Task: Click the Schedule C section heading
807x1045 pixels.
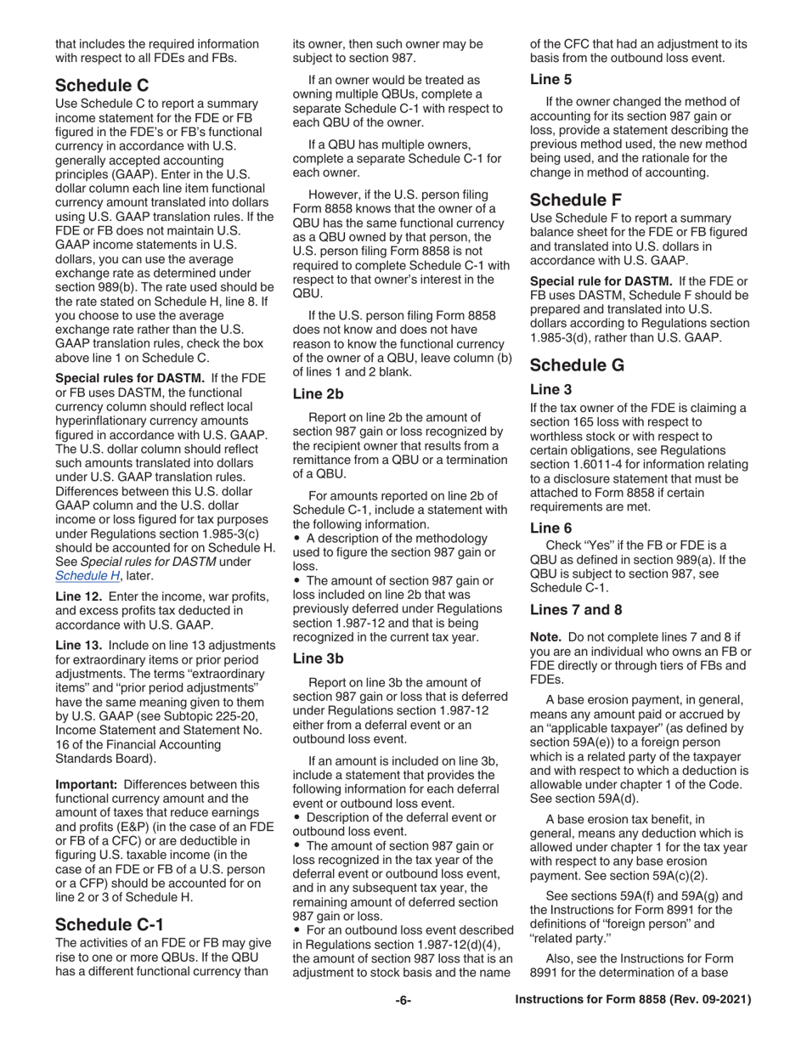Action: click(x=103, y=85)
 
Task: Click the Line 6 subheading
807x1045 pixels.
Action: click(x=550, y=527)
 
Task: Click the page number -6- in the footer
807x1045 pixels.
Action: click(x=403, y=1025)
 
